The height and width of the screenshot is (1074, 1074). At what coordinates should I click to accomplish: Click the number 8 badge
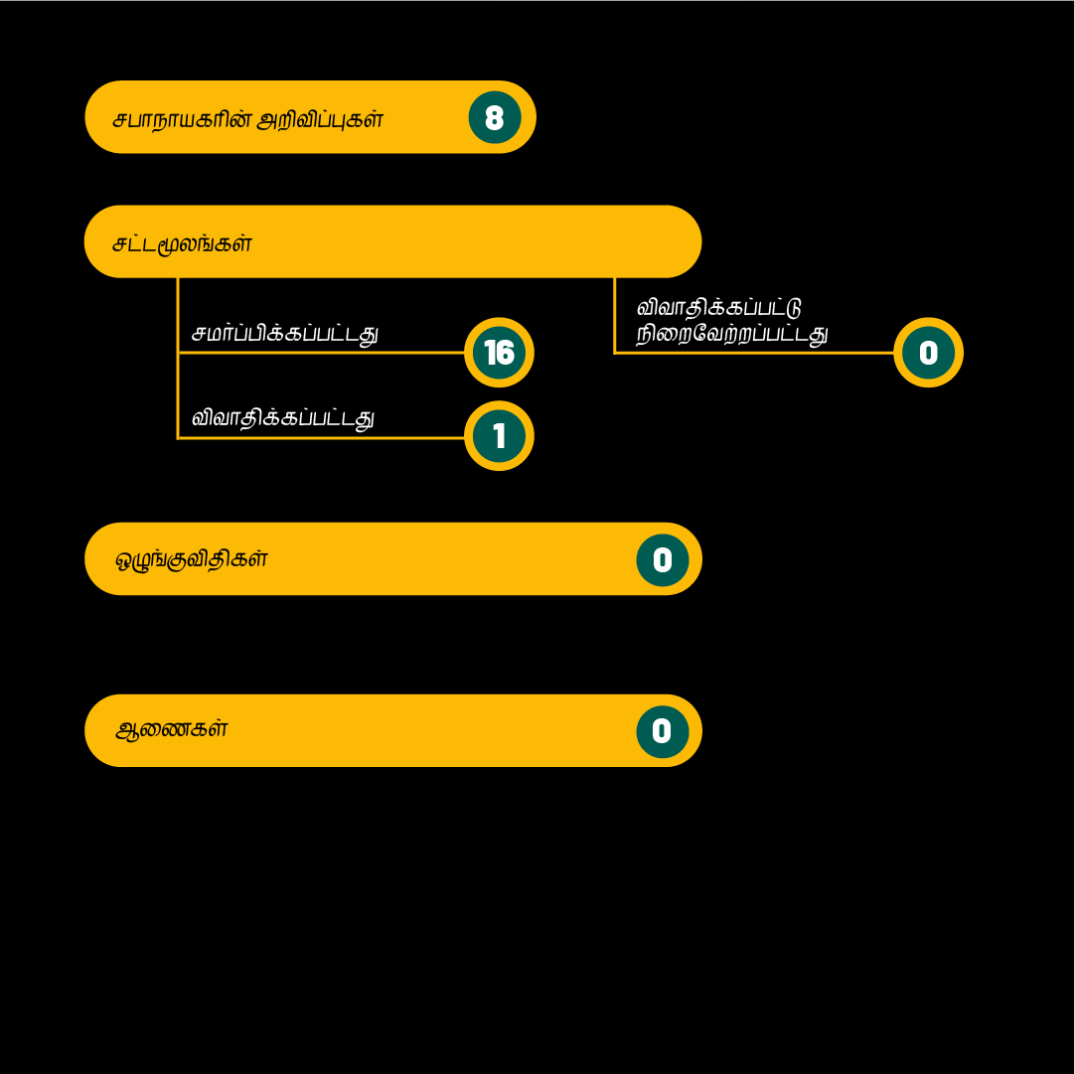point(495,117)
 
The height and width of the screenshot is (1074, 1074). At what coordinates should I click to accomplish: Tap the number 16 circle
point(499,352)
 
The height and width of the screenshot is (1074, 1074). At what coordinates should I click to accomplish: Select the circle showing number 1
point(499,435)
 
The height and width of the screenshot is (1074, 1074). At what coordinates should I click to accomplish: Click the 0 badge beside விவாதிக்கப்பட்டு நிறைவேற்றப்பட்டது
point(928,352)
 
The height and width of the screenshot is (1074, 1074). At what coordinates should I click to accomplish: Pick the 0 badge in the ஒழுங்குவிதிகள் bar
point(663,559)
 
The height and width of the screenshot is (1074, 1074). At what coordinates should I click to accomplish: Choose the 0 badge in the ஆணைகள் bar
point(663,731)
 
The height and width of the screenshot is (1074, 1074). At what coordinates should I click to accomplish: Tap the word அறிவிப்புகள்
point(320,120)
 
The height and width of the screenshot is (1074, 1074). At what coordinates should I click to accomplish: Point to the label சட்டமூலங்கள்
point(182,243)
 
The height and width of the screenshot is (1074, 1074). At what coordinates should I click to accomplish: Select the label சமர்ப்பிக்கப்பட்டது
point(285,334)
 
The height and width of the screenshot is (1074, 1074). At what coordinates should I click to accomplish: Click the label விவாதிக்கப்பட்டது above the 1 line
point(283,418)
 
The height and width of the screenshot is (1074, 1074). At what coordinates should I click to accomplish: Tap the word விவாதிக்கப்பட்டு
point(718,308)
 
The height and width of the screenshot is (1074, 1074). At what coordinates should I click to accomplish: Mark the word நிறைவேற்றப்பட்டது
point(732,334)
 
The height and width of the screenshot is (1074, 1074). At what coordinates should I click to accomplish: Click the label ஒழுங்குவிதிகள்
point(191,559)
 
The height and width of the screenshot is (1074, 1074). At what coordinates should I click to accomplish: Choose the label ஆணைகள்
point(171,729)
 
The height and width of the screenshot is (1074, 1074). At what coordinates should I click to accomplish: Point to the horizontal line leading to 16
point(321,353)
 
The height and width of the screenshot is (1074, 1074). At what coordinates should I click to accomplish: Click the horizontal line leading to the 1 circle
point(321,438)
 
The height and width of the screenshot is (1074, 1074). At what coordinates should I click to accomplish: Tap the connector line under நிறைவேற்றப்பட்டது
point(754,353)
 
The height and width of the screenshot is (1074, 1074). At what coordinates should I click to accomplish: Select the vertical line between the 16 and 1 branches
point(178,395)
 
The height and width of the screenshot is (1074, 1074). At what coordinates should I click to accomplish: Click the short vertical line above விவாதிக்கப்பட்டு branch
point(614,315)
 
